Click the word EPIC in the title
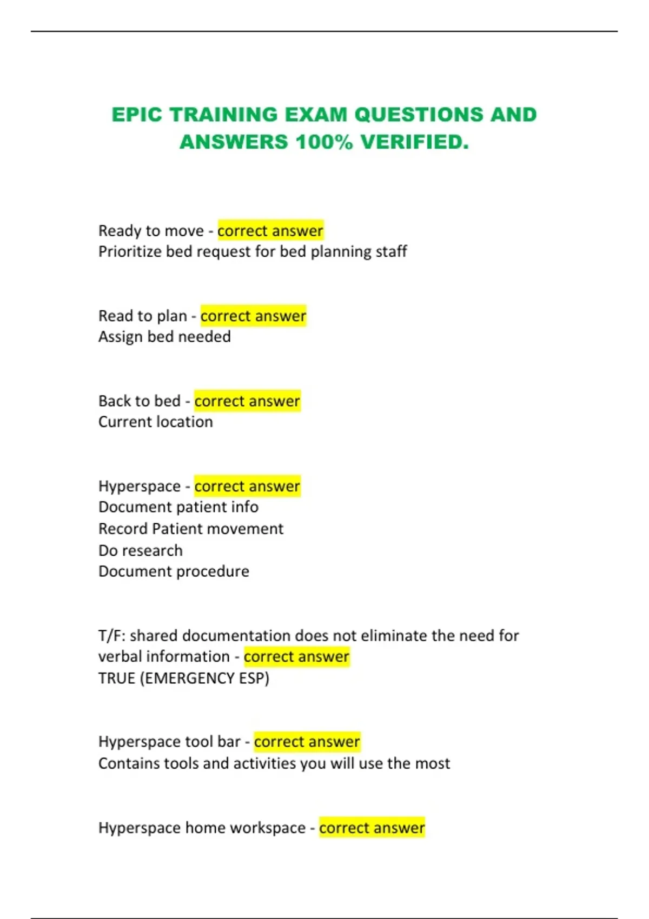(136, 115)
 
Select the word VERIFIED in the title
(414, 142)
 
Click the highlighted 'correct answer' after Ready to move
(270, 231)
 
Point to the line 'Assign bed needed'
(164, 337)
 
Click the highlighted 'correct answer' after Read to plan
(253, 316)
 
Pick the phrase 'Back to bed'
(139, 401)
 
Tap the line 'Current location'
(156, 422)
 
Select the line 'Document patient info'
(178, 507)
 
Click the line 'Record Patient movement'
(191, 529)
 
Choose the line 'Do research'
(141, 550)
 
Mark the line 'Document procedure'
(174, 571)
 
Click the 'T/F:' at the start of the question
(112, 635)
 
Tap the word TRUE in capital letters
(117, 678)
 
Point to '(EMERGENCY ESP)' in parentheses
(204, 678)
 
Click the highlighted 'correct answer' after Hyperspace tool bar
(307, 742)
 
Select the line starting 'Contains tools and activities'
(274, 763)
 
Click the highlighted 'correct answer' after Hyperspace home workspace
(372, 828)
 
